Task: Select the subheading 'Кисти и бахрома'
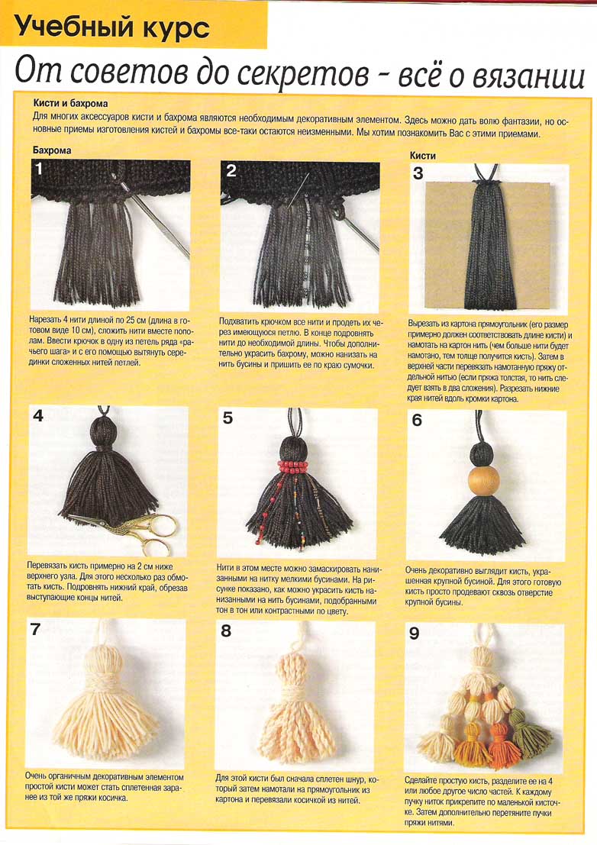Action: tap(70, 103)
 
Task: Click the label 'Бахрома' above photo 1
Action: tap(52, 150)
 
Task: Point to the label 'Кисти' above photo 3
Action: tap(422, 155)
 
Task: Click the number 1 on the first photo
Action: tap(39, 169)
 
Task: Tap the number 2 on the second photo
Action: tap(231, 170)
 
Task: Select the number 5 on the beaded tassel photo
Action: tap(228, 418)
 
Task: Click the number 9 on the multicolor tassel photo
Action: tap(414, 633)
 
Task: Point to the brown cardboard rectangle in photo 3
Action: tap(488, 246)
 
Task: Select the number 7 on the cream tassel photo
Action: tap(36, 629)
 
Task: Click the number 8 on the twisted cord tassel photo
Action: tap(226, 631)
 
